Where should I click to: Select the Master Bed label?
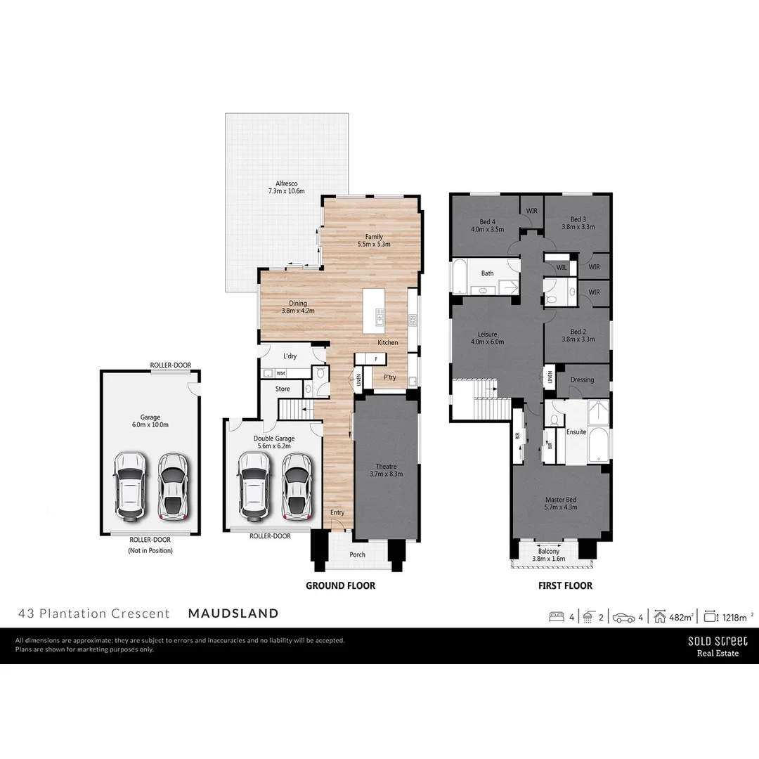pos(561,500)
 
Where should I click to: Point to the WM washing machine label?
pos(280,374)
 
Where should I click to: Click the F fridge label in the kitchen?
pos(376,359)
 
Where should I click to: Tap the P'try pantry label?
pos(389,377)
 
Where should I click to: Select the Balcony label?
pos(549,552)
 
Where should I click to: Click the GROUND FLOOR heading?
pos(340,585)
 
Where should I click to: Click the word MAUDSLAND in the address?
pos(233,614)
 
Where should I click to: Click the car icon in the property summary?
pos(623,617)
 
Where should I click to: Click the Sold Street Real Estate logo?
pos(717,646)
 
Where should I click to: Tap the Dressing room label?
pos(582,379)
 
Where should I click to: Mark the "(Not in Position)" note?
pos(150,551)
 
